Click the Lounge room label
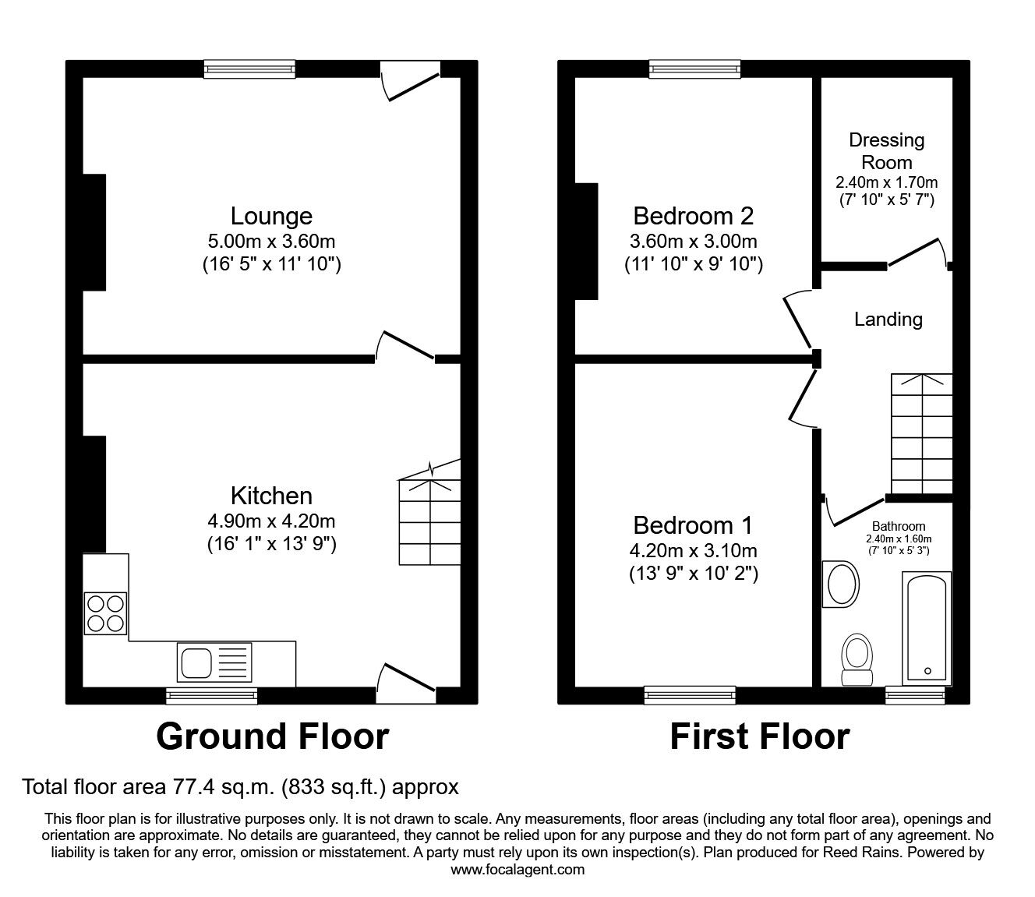tap(271, 216)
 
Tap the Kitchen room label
tap(271, 496)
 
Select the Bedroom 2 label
tap(693, 215)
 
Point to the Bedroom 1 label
tap(693, 524)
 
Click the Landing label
tap(888, 319)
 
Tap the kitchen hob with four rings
tap(105, 613)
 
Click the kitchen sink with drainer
tap(214, 662)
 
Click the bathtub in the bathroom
tap(926, 628)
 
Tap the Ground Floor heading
tap(272, 736)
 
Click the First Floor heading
tap(760, 736)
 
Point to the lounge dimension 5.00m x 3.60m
tap(271, 242)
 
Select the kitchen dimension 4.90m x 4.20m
tap(271, 521)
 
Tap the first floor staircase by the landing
tap(921, 433)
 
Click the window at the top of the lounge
tap(249, 69)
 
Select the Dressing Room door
tap(918, 251)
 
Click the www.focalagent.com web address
tap(517, 869)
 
